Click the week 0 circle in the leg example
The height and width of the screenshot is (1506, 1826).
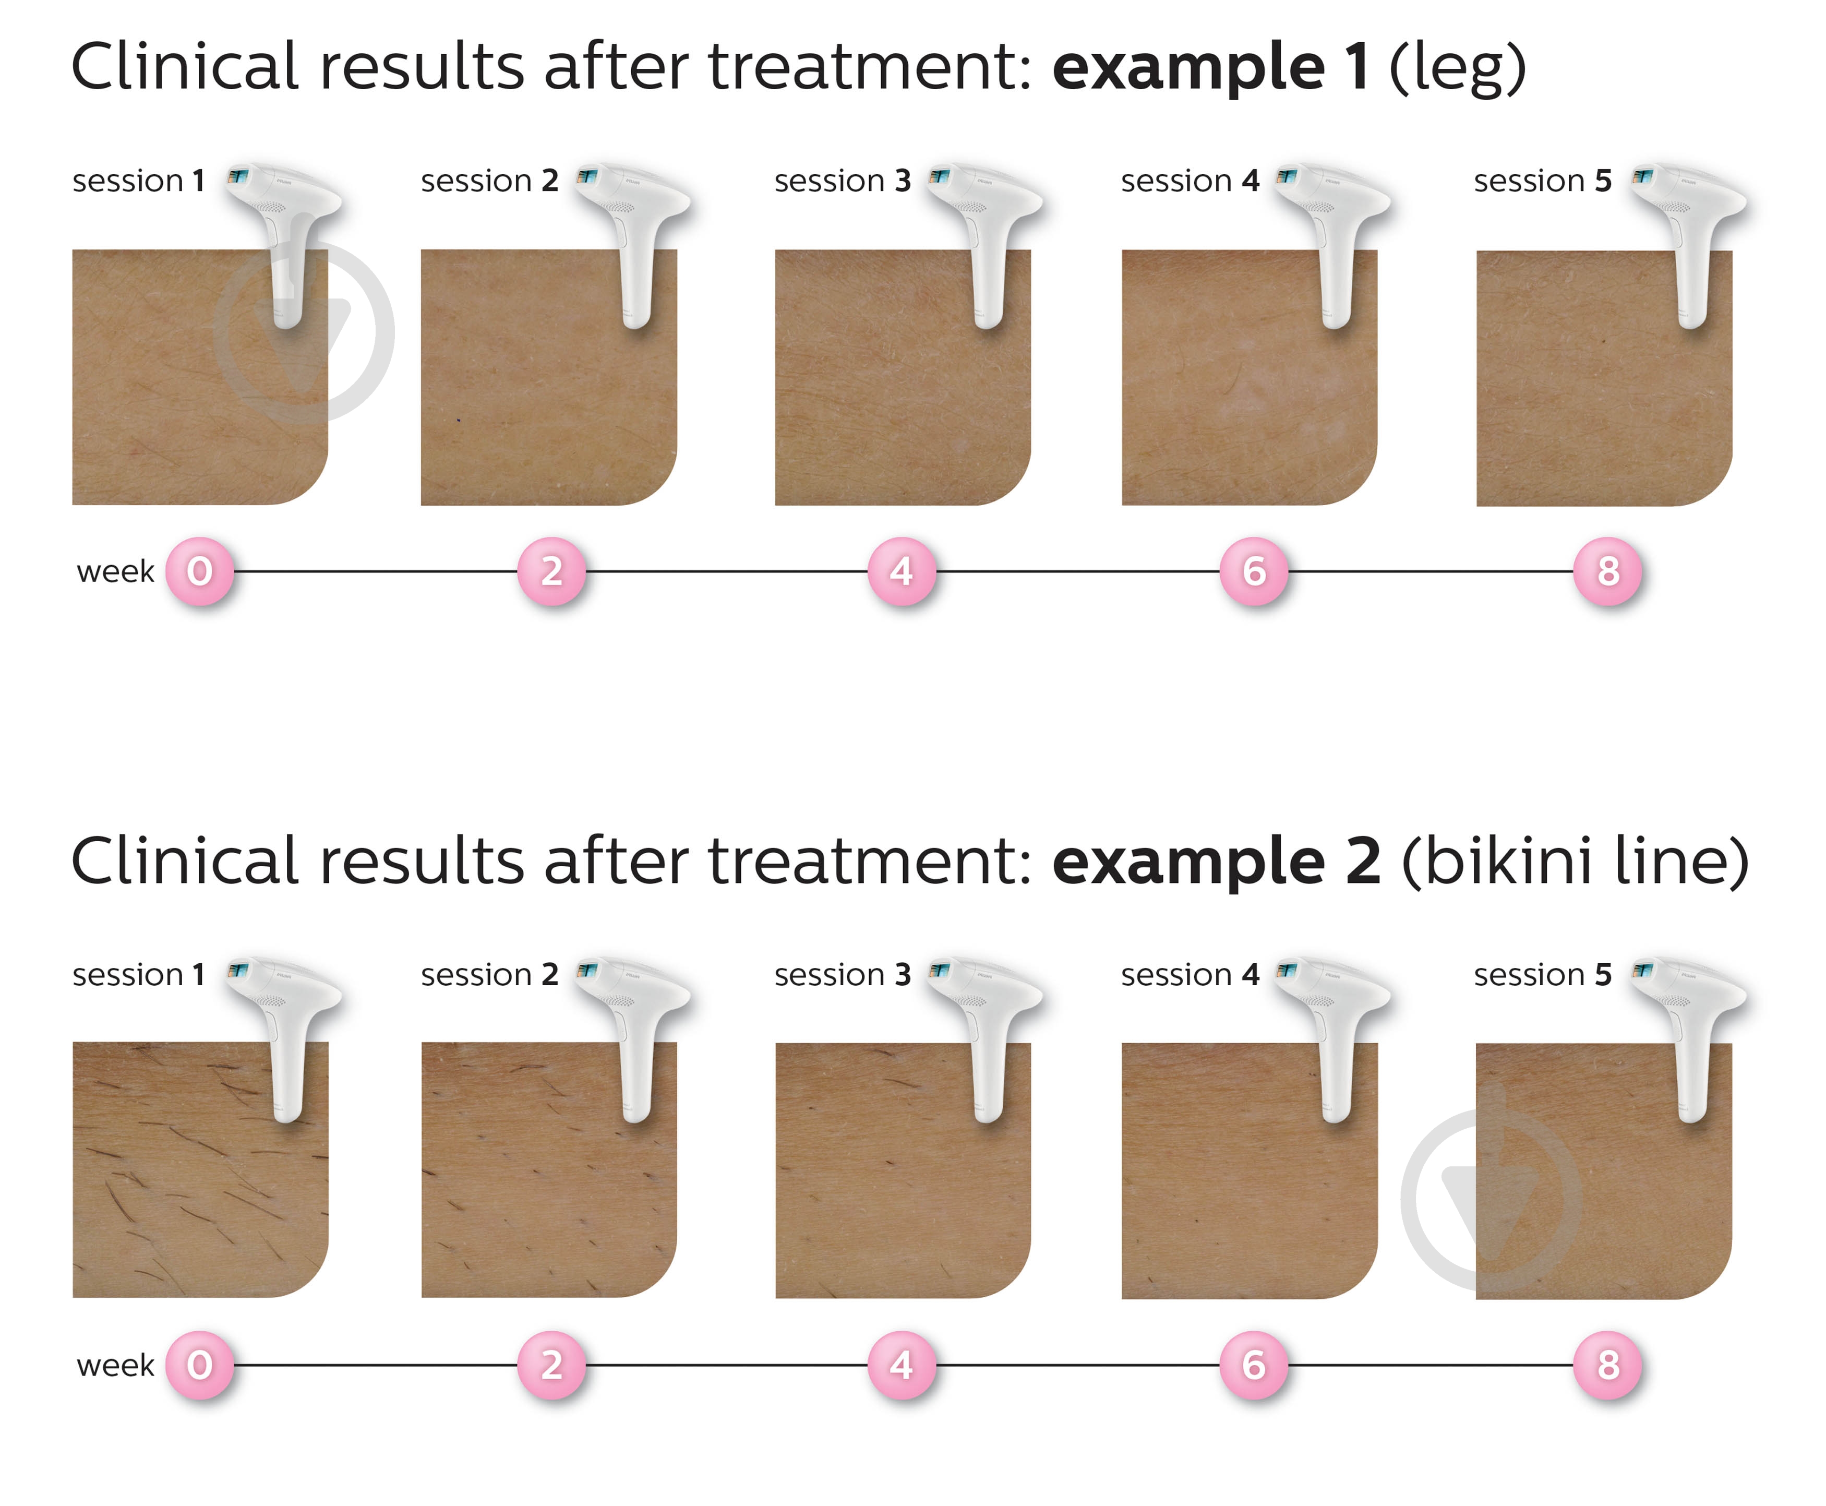point(199,571)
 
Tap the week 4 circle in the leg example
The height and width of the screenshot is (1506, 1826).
point(902,571)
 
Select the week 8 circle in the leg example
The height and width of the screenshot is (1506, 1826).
point(1607,571)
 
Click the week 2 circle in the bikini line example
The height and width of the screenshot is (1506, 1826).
point(551,1365)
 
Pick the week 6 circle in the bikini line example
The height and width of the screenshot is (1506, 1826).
point(1254,1365)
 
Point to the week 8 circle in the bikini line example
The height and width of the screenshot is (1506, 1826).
point(1607,1365)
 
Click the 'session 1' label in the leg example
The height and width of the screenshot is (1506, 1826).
point(139,181)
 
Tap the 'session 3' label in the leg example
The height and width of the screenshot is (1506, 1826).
point(842,181)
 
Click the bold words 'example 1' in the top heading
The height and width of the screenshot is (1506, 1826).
point(1210,67)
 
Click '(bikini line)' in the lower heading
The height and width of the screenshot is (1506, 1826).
point(1575,862)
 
